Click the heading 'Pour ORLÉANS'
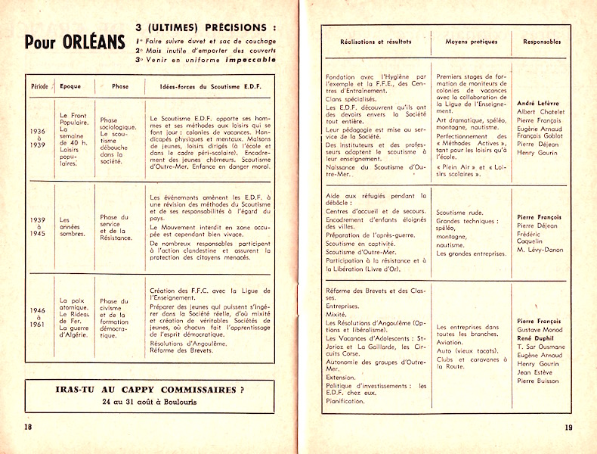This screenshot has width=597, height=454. click(x=73, y=42)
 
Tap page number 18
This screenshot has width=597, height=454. click(x=29, y=427)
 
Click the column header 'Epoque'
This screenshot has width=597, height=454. click(x=70, y=86)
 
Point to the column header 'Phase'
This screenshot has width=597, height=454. click(x=120, y=86)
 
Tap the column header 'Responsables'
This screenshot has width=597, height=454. click(x=541, y=42)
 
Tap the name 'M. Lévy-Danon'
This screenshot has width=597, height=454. click(x=540, y=250)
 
